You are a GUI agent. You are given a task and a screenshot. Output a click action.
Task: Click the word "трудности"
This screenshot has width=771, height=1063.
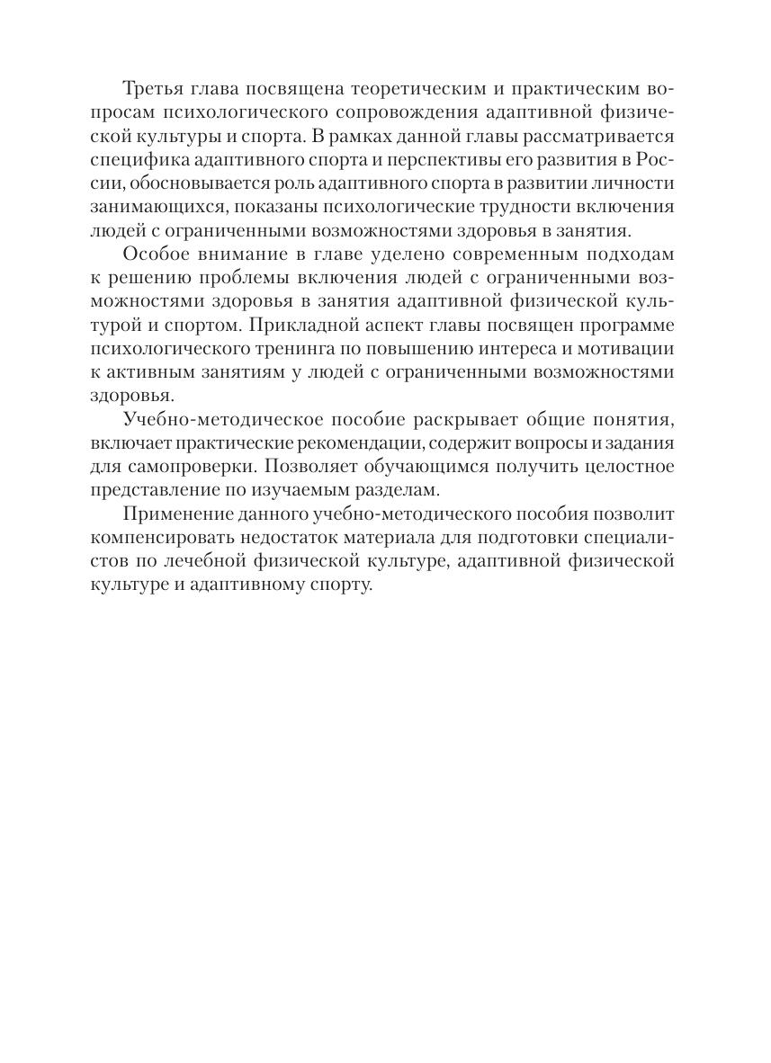point(547,207)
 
